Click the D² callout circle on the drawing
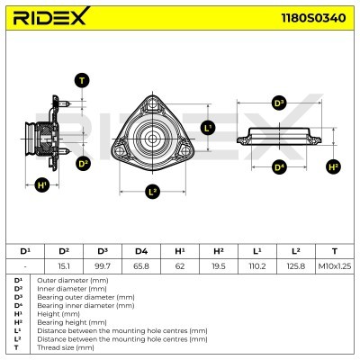click(x=83, y=163)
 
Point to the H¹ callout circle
click(x=42, y=185)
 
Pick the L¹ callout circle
click(x=207, y=127)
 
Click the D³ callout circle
click(x=278, y=103)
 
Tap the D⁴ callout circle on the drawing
click(x=278, y=167)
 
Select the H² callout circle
click(x=333, y=167)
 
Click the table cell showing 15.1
click(x=64, y=265)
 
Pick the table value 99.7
click(x=103, y=265)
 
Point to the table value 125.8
click(x=295, y=265)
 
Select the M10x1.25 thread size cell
click(x=334, y=265)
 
